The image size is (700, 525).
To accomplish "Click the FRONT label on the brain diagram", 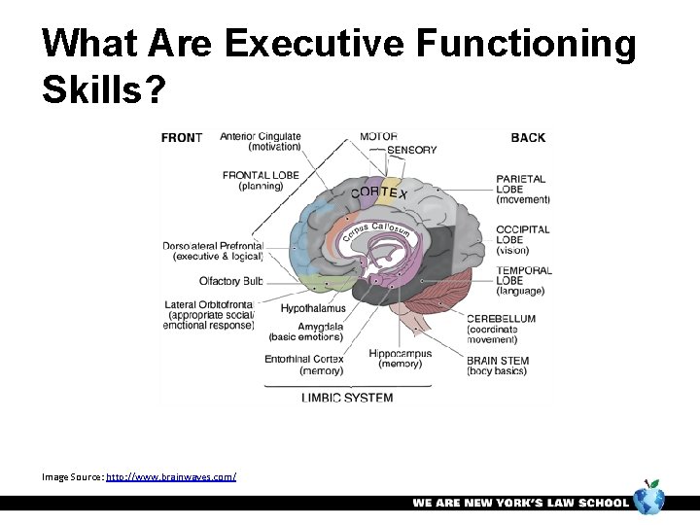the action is (181, 138).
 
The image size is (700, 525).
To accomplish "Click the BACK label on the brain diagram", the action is (528, 138).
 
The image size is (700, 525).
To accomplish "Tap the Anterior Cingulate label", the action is (261, 142).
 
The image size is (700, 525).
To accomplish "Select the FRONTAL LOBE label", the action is (260, 181).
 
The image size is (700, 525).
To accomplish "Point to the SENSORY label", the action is (412, 151).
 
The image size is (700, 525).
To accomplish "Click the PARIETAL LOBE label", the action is (522, 189).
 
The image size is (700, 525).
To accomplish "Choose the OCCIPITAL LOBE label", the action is (522, 239).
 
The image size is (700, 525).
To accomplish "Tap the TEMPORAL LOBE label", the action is (523, 280).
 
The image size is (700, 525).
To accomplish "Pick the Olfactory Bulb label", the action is (231, 282).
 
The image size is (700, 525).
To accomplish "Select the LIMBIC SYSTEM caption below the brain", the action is (347, 398).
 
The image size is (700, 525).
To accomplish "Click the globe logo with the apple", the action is (648, 499).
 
